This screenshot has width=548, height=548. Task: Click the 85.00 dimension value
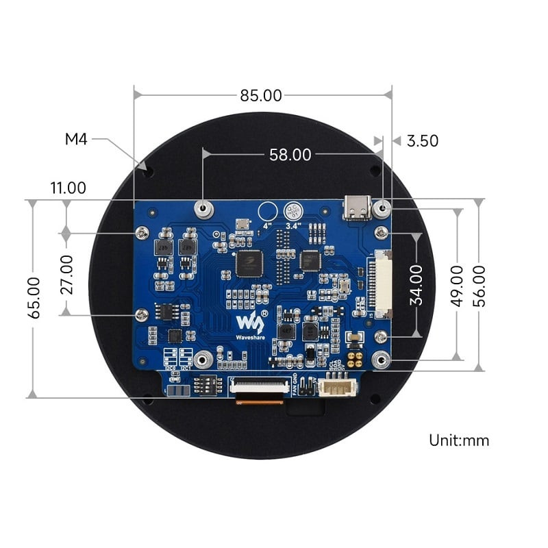click(x=261, y=95)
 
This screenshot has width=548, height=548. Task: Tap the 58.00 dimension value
click(x=290, y=155)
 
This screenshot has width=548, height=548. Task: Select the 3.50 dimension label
click(x=422, y=141)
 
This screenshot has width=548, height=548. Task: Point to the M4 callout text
click(x=76, y=139)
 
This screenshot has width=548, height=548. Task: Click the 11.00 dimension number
click(x=68, y=188)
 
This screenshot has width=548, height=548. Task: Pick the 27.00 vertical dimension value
click(x=66, y=275)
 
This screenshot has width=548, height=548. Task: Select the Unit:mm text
click(x=459, y=440)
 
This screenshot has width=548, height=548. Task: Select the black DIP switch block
click(x=206, y=386)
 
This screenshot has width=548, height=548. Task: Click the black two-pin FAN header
click(x=306, y=388)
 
